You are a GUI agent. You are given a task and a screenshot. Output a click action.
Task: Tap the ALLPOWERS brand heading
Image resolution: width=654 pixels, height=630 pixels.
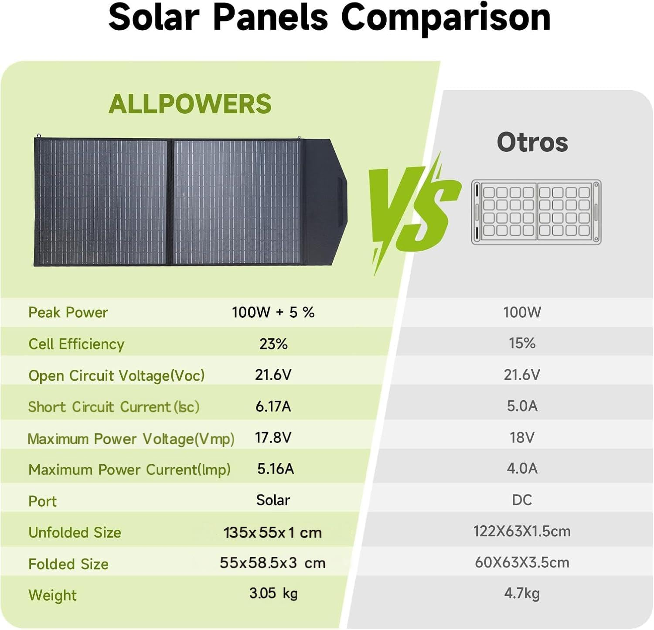click(190, 104)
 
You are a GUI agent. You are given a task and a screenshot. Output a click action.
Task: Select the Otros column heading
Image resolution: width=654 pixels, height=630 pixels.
click(532, 142)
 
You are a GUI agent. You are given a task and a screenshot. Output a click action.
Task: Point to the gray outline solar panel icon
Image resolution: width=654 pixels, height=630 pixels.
click(536, 212)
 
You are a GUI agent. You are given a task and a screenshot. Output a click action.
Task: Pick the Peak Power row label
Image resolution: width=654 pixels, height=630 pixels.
click(68, 313)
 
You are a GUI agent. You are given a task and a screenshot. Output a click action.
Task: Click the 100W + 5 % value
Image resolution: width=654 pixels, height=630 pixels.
click(273, 312)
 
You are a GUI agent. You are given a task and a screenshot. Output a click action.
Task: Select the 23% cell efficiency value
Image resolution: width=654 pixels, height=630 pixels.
click(273, 344)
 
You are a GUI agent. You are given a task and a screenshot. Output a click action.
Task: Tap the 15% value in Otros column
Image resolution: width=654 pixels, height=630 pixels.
click(522, 343)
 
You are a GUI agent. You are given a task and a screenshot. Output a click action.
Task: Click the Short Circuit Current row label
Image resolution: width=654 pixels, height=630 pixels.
click(113, 407)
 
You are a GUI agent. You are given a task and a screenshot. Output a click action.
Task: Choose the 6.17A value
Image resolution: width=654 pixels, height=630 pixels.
click(273, 406)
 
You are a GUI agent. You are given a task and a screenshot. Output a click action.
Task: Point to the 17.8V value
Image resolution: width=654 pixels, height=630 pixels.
click(273, 437)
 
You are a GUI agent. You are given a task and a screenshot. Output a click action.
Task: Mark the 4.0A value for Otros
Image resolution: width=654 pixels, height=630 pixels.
click(522, 469)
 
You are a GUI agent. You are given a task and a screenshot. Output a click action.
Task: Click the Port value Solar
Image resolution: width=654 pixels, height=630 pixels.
click(273, 500)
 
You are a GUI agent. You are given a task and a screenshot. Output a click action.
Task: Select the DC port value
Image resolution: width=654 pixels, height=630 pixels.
click(522, 500)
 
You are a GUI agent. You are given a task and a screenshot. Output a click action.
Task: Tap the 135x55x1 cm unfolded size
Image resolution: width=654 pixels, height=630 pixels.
click(272, 532)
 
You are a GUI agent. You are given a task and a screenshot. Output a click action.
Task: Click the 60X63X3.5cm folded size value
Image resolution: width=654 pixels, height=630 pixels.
click(522, 562)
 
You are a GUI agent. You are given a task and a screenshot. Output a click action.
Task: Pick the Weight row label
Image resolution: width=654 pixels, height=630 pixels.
click(52, 596)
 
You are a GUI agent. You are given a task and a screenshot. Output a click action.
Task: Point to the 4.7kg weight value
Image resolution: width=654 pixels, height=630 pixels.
click(522, 593)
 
